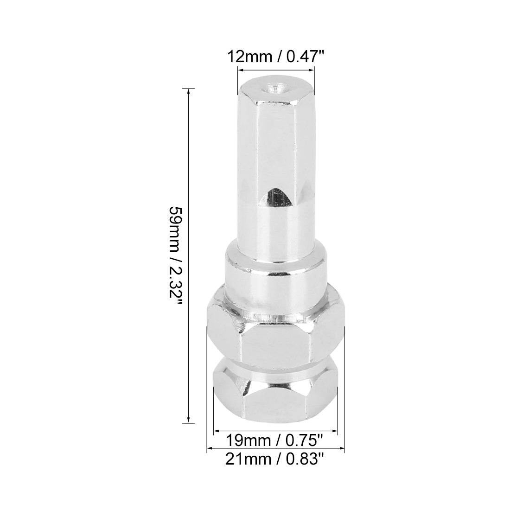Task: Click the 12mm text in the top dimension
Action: click(250, 57)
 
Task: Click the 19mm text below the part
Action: click(249, 441)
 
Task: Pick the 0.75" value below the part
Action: click(304, 441)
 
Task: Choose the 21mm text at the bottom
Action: click(249, 459)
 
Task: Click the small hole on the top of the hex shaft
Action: click(275, 88)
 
